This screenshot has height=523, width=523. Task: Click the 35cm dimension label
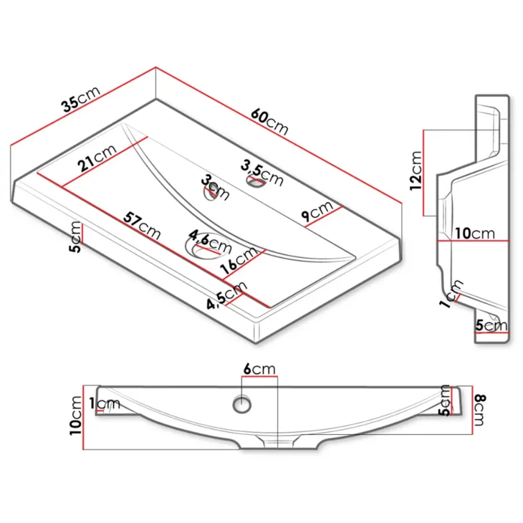click(80, 99)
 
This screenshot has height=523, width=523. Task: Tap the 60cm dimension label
click(269, 122)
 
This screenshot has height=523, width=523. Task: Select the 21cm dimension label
click(97, 158)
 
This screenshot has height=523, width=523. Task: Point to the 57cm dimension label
click(142, 226)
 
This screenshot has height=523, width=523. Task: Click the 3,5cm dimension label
click(262, 173)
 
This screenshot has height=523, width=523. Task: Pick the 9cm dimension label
click(317, 211)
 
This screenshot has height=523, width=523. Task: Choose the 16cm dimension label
click(239, 260)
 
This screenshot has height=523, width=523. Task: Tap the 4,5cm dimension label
click(227, 295)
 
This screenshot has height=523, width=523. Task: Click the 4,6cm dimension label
click(210, 241)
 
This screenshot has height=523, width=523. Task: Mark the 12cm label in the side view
click(416, 171)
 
